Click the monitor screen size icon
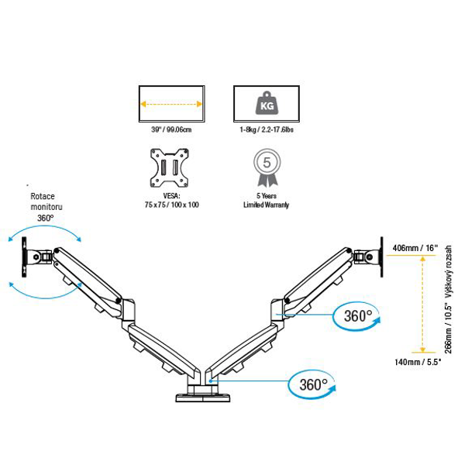170,103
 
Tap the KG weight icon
267,103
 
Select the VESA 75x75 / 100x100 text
171,200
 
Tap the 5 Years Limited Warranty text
267,200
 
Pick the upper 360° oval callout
359,315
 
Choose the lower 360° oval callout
313,383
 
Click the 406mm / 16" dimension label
417,248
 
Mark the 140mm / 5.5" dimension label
417,361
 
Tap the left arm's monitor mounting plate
26,257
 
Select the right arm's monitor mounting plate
381,250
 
